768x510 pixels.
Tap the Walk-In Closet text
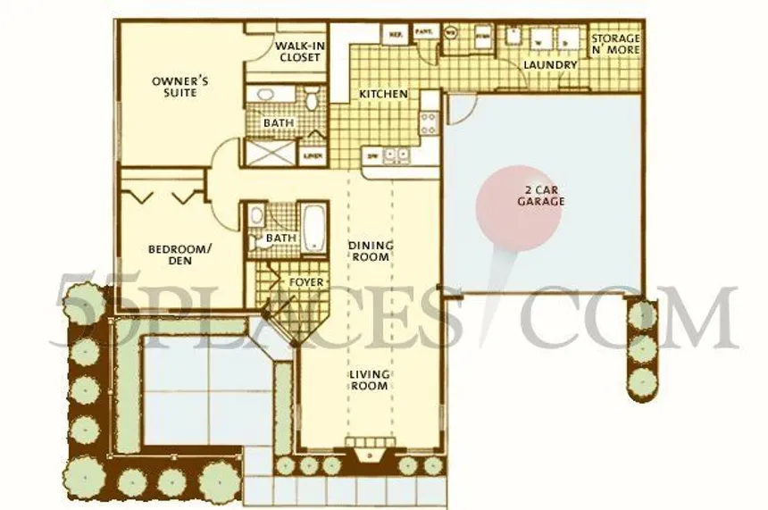coord(297,52)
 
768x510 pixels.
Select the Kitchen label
coord(383,94)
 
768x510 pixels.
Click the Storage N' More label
coord(615,45)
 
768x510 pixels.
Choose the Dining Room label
coord(370,251)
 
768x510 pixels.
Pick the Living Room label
coord(369,380)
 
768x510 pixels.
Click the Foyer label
coord(305,282)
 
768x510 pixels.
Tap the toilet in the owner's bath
coord(312,97)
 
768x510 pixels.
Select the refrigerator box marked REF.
coord(394,34)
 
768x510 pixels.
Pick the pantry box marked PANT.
coord(424,34)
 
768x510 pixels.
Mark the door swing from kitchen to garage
coord(458,109)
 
